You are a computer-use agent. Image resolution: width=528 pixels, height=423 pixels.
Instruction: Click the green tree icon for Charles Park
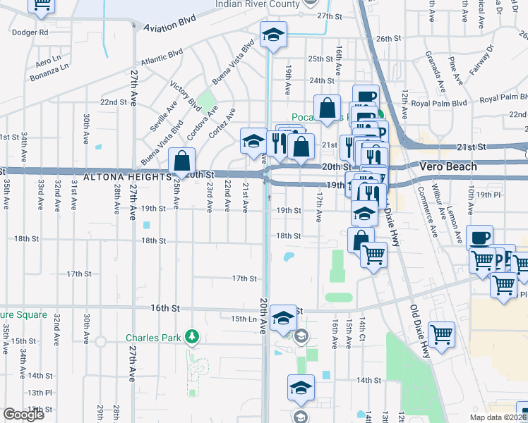[191, 336]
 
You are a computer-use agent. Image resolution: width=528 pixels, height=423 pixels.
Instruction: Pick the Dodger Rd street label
[30, 32]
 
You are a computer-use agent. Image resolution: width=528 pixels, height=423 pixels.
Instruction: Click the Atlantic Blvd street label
[162, 56]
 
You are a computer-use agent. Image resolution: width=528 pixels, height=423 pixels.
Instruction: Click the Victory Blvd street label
[185, 95]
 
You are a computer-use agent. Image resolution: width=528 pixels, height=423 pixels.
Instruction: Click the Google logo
[23, 415]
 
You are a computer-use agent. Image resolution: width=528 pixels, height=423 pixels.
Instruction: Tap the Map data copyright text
[498, 417]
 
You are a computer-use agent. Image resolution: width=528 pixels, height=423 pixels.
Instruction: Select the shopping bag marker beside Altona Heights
[182, 160]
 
